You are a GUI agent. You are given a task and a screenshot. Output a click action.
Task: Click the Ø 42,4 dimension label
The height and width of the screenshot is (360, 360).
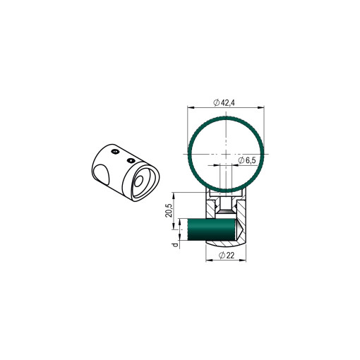click(x=224, y=102)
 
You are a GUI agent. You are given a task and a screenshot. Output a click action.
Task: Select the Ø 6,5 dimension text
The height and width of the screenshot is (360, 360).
click(x=246, y=160)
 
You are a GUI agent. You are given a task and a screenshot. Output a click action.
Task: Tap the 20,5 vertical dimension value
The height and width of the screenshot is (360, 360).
click(x=169, y=210)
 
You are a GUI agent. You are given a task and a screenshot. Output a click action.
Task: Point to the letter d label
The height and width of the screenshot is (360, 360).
click(x=175, y=245)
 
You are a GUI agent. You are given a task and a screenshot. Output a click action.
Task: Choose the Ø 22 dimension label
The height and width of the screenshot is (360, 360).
click(x=227, y=256)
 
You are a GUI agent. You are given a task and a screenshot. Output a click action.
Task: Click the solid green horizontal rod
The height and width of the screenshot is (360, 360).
click(x=212, y=229)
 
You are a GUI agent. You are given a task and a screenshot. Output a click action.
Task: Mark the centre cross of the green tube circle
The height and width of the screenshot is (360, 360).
click(x=226, y=154)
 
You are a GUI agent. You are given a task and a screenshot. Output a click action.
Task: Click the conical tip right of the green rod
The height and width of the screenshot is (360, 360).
click(x=239, y=229)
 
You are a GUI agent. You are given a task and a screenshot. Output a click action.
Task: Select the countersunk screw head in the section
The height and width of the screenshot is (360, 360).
click(x=226, y=212)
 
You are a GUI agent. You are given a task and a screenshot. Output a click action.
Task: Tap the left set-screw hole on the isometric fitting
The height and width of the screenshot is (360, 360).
click(x=115, y=152)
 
